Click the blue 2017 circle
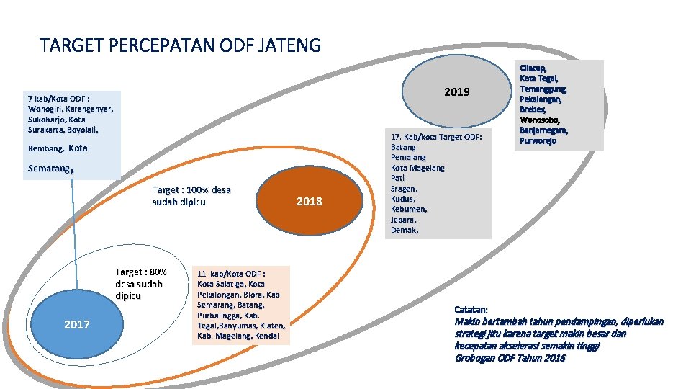76,324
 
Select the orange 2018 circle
310,201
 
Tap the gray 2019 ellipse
456,91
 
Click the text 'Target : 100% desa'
191,190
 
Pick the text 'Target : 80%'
141,272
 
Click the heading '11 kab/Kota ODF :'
231,274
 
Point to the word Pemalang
408,157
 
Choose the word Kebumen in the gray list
408,209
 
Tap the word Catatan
471,310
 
